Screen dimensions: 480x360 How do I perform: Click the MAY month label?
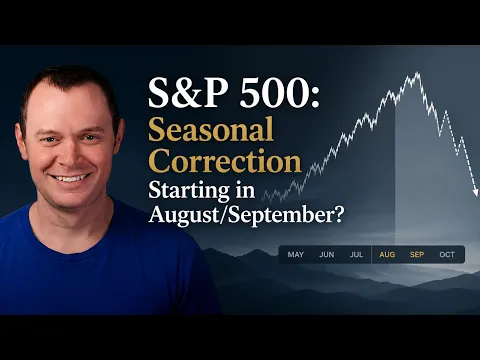pyautogui.click(x=296, y=255)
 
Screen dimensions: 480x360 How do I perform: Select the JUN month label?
pyautogui.click(x=327, y=255)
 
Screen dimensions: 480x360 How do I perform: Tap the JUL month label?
pyautogui.click(x=356, y=255)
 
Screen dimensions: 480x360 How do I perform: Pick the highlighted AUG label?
pyautogui.click(x=387, y=255)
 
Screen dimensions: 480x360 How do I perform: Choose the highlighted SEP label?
pyautogui.click(x=417, y=255)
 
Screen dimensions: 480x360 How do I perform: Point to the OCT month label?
pyautogui.click(x=447, y=255)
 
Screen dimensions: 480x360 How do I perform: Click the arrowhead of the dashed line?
pyautogui.click(x=476, y=192)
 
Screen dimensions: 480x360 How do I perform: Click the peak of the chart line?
pyautogui.click(x=417, y=73)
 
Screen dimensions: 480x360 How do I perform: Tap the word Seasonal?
pyautogui.click(x=211, y=129)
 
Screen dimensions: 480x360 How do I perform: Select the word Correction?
pyautogui.click(x=225, y=161)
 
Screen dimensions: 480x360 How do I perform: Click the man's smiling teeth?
pyautogui.click(x=70, y=178)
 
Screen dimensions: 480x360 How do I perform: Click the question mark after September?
pyautogui.click(x=338, y=214)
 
